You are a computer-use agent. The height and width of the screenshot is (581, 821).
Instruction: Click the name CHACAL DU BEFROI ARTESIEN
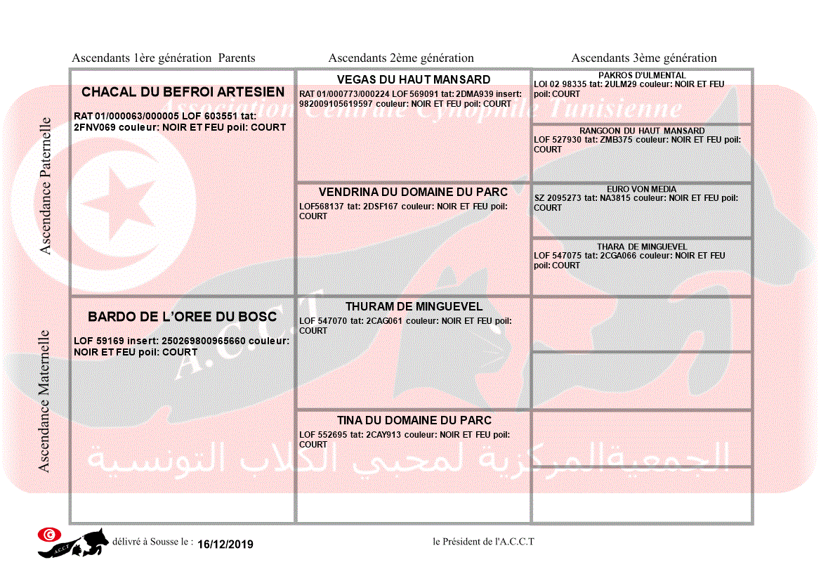click(x=183, y=92)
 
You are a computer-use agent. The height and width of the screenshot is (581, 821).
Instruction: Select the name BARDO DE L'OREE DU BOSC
click(x=183, y=317)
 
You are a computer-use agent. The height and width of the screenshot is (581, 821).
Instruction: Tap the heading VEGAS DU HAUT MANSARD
click(x=414, y=79)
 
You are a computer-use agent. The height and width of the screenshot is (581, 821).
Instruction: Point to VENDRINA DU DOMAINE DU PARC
click(x=413, y=192)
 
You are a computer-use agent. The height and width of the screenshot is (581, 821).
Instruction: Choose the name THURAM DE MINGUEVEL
click(x=414, y=306)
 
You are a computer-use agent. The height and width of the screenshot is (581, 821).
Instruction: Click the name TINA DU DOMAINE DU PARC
click(x=414, y=420)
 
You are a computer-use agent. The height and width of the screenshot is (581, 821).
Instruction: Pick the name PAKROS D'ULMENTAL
click(x=642, y=75)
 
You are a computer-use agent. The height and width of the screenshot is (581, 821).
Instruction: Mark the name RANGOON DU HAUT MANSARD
click(x=642, y=131)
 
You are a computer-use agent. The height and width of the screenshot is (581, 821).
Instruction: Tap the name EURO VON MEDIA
click(x=642, y=189)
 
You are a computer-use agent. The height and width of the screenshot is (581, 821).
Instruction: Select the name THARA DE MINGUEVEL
click(x=642, y=247)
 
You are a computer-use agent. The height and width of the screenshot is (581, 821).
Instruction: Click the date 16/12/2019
click(x=225, y=544)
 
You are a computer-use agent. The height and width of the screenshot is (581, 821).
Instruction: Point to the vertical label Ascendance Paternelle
click(x=46, y=185)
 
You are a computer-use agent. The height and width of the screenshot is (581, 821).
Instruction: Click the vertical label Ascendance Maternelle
click(x=44, y=401)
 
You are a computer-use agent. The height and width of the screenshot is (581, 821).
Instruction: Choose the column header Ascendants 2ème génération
click(x=401, y=58)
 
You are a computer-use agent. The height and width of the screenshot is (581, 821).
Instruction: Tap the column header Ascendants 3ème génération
click(x=644, y=58)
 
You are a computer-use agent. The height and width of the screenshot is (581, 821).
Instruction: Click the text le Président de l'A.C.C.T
click(x=484, y=542)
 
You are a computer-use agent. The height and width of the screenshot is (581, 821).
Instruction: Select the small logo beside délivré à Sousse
click(x=73, y=542)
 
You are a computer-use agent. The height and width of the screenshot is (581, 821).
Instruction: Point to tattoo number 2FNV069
click(x=95, y=127)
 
